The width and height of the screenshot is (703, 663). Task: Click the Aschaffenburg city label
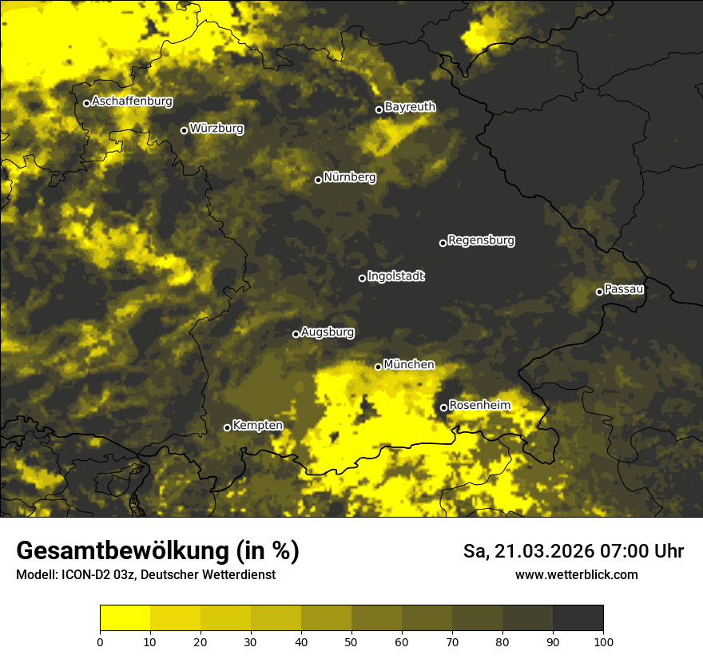(132, 101)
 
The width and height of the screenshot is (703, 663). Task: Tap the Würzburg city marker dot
(184, 130)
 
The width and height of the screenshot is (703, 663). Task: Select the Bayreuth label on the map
(410, 106)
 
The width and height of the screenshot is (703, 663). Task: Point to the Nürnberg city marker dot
(318, 180)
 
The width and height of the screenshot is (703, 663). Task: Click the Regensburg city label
(481, 240)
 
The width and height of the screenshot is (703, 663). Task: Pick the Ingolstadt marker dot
(362, 278)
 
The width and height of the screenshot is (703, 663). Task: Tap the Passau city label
(624, 288)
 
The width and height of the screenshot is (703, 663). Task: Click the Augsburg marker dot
(296, 334)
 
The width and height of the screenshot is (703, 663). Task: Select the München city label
(409, 364)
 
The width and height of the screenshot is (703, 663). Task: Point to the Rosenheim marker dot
(443, 408)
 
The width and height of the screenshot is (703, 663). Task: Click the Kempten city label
(257, 425)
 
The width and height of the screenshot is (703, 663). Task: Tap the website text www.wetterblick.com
(577, 574)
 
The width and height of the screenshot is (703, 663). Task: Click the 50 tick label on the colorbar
(351, 641)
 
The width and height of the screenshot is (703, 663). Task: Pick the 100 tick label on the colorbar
(603, 641)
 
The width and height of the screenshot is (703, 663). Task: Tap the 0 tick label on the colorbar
(100, 641)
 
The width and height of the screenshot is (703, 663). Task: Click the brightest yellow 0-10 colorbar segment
(125, 618)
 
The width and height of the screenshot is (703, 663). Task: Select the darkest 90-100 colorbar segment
(578, 618)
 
